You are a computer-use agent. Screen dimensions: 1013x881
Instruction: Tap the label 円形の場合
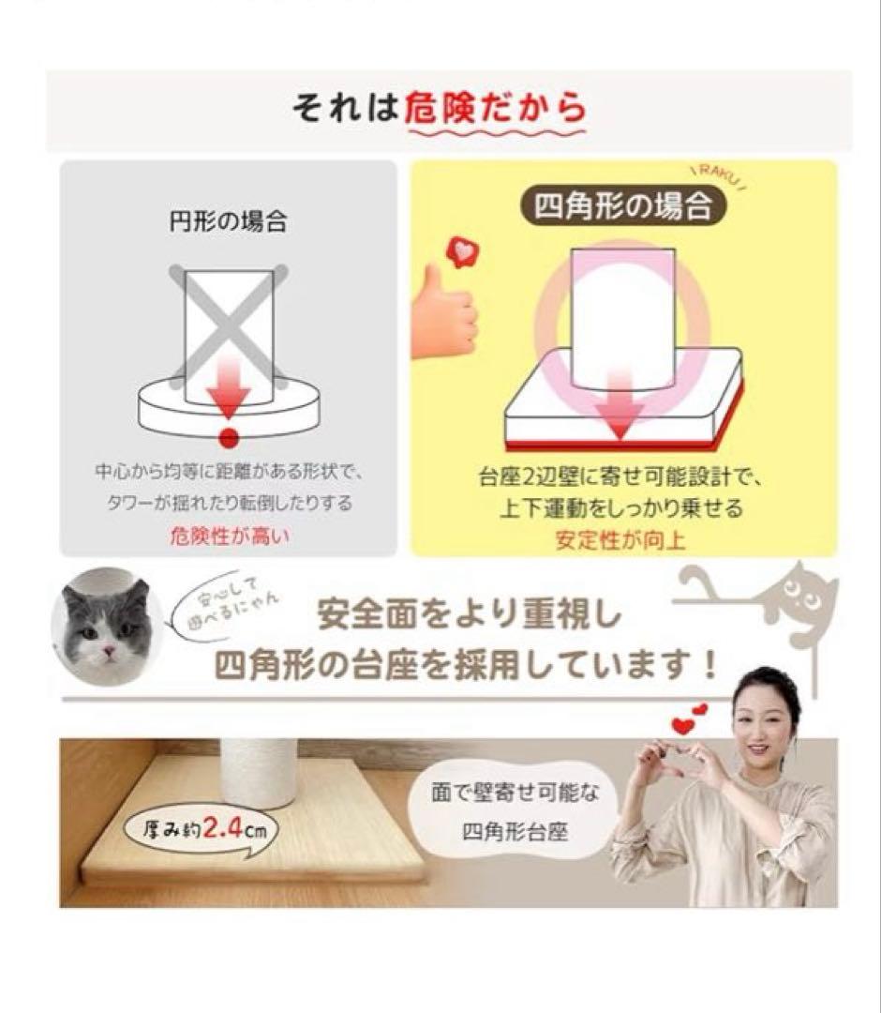(x=228, y=223)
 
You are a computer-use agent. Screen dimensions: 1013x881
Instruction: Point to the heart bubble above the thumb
(x=461, y=251)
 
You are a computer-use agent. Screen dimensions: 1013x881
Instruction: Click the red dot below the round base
(x=228, y=438)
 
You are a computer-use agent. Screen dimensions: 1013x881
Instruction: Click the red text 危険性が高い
(x=230, y=537)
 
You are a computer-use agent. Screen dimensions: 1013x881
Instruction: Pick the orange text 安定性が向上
(x=620, y=541)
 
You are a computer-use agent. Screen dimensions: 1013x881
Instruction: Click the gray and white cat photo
(x=105, y=623)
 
